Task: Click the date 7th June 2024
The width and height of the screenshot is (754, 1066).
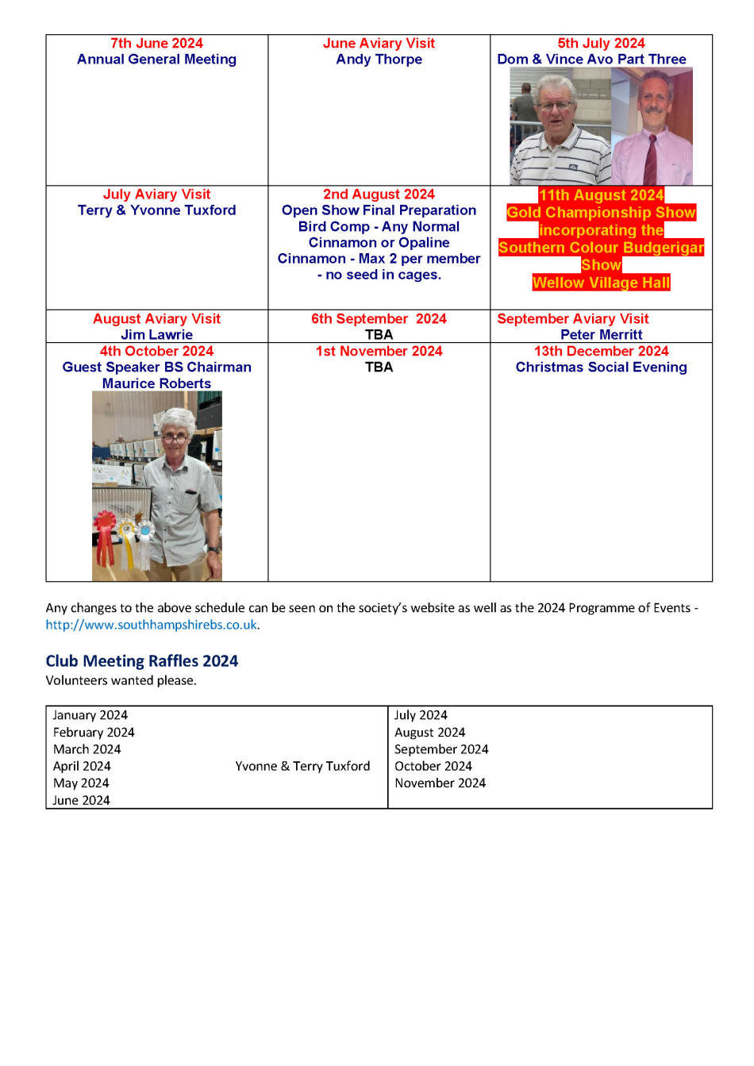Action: click(x=156, y=44)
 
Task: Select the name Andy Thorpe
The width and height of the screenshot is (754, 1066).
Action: click(x=379, y=60)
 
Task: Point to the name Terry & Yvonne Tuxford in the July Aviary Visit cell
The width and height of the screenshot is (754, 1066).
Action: click(x=156, y=210)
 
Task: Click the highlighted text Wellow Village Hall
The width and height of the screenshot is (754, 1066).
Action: click(x=601, y=283)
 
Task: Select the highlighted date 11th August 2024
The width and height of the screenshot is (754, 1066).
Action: click(x=601, y=195)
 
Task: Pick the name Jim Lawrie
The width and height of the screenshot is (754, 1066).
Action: click(x=156, y=335)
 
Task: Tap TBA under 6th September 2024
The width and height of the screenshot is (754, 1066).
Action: click(x=379, y=335)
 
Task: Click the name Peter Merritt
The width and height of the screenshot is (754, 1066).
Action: click(x=601, y=335)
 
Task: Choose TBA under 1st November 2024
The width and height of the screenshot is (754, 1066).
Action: click(x=379, y=368)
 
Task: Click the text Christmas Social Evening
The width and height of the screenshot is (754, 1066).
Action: click(x=601, y=368)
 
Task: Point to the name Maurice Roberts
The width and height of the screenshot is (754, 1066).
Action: click(x=156, y=383)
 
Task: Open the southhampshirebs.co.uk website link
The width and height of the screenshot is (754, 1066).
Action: click(x=152, y=625)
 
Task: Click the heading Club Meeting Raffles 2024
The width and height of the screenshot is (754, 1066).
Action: click(x=142, y=661)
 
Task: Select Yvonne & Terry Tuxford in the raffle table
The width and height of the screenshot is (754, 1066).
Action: click(x=302, y=766)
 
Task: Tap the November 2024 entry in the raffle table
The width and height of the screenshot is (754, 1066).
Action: click(x=440, y=783)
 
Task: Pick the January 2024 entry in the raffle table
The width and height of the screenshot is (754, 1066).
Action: click(x=90, y=715)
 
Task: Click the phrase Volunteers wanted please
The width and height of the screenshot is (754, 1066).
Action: click(x=121, y=680)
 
